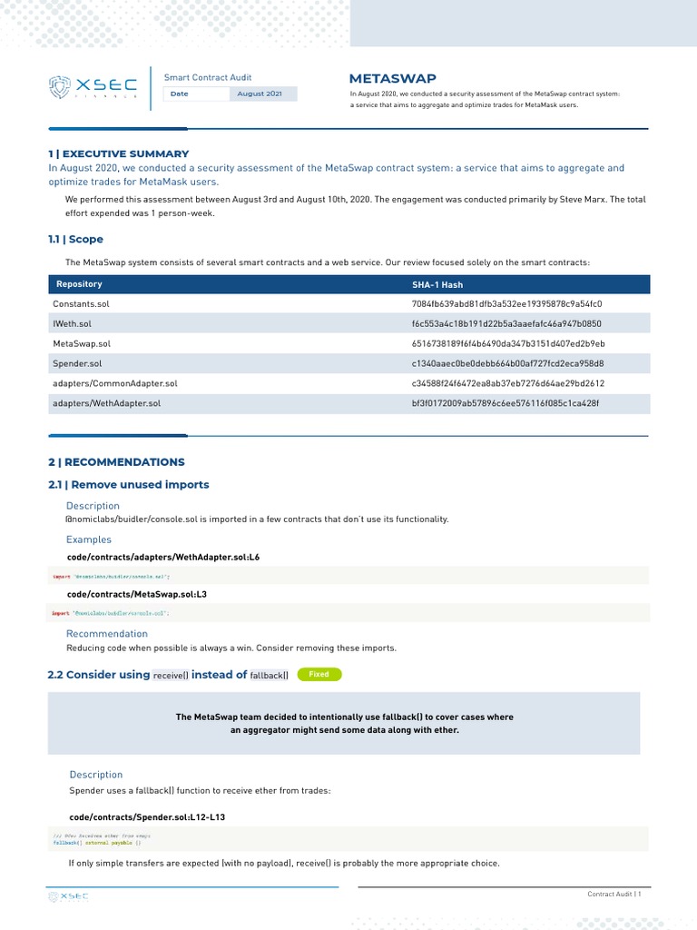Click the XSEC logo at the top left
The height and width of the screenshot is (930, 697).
93,86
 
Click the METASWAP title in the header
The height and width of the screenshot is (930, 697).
386,78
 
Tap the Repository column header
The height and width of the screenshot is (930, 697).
79,284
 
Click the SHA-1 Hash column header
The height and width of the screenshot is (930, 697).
437,284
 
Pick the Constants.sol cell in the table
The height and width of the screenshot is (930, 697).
81,303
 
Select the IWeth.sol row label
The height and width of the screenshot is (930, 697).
73,323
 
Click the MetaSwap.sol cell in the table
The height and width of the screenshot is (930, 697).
82,343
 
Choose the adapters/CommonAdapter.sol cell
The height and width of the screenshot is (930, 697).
115,383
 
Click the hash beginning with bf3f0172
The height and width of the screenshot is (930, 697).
506,403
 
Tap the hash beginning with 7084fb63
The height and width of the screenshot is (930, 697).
507,303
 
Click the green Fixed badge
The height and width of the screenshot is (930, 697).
319,674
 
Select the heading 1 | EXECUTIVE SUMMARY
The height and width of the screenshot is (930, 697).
118,153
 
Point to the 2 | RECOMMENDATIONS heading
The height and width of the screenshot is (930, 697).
116,461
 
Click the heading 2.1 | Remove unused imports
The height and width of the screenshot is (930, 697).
128,484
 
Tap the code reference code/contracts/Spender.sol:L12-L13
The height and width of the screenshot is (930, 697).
147,817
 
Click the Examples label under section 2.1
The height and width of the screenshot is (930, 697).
89,539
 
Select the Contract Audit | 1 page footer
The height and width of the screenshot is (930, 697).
614,895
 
